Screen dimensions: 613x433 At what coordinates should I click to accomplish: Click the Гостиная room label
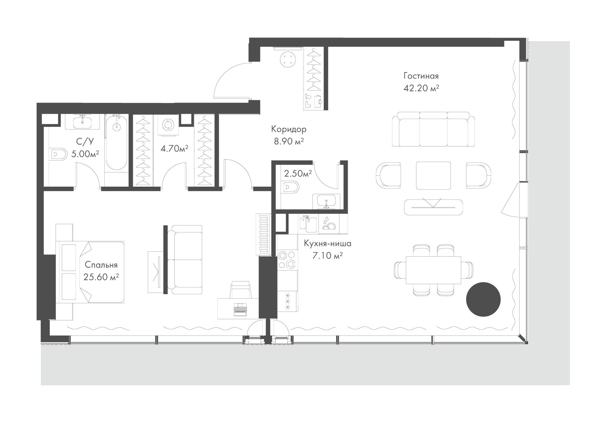(421, 76)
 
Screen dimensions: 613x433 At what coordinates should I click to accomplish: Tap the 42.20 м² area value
(421, 88)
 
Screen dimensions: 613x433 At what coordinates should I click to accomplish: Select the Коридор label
(289, 129)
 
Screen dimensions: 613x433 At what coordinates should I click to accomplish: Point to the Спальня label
(101, 265)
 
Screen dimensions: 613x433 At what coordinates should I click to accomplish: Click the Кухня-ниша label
(328, 243)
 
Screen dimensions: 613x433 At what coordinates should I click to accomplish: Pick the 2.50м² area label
(298, 173)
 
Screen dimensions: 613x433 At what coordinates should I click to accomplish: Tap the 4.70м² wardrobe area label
(174, 148)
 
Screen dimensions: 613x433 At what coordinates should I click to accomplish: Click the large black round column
(483, 299)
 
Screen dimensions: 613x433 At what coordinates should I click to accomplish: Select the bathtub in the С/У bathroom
(117, 143)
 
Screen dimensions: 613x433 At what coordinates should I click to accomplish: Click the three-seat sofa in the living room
(433, 129)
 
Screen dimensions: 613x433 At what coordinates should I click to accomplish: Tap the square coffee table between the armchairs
(433, 175)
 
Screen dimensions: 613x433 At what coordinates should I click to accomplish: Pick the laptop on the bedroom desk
(240, 309)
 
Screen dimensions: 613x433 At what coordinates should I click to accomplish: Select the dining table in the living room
(433, 270)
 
